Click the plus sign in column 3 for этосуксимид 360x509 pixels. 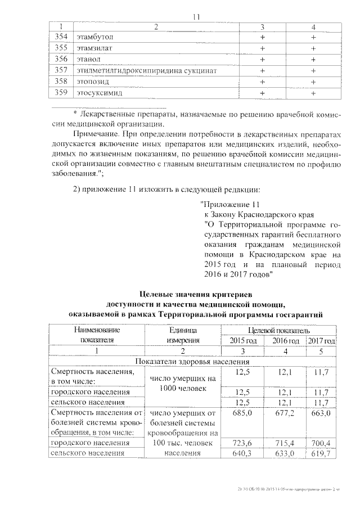click(x=262, y=93)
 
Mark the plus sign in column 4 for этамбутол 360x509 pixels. click(x=313, y=37)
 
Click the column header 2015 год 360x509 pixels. click(x=243, y=341)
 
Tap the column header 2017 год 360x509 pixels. click(x=322, y=341)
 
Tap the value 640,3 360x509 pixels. click(x=243, y=453)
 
